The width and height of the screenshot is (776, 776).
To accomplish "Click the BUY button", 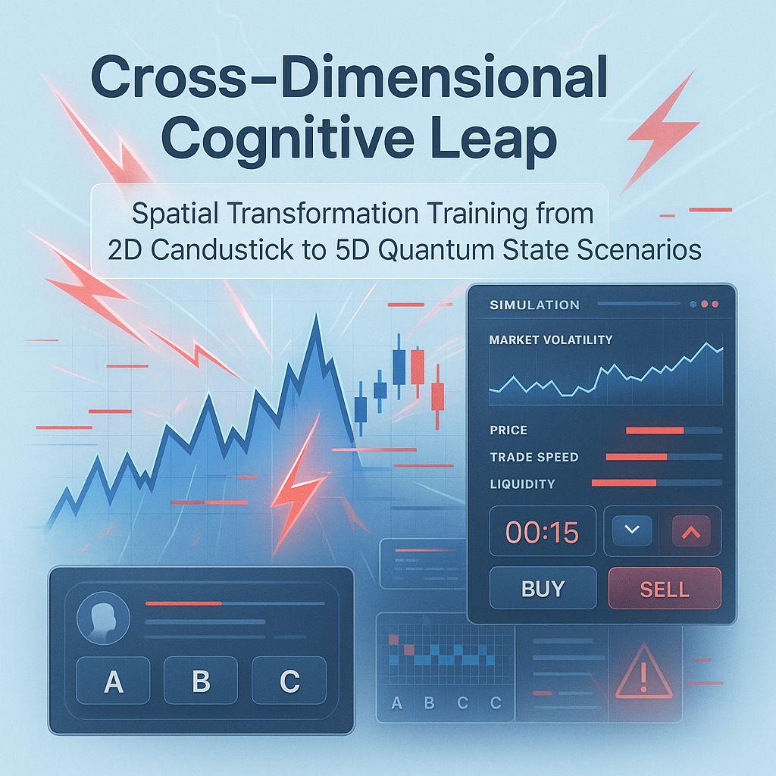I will click(543, 589).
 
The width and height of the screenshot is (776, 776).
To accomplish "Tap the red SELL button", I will click(664, 589).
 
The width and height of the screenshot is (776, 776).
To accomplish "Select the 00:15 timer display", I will click(542, 532).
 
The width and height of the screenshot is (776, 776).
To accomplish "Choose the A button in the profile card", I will click(113, 682).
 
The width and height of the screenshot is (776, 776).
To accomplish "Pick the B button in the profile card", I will click(201, 682).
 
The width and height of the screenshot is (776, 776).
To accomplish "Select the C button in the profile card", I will click(289, 682).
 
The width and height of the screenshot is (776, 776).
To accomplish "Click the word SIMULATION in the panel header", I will click(534, 305).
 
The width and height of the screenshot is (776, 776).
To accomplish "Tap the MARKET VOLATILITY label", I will click(550, 340).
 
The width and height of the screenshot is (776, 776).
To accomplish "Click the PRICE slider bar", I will click(673, 430).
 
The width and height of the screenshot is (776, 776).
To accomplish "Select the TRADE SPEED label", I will click(533, 457).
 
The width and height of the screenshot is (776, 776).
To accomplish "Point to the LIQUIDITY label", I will click(522, 483).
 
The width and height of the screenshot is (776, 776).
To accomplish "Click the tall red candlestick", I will click(417, 367).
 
